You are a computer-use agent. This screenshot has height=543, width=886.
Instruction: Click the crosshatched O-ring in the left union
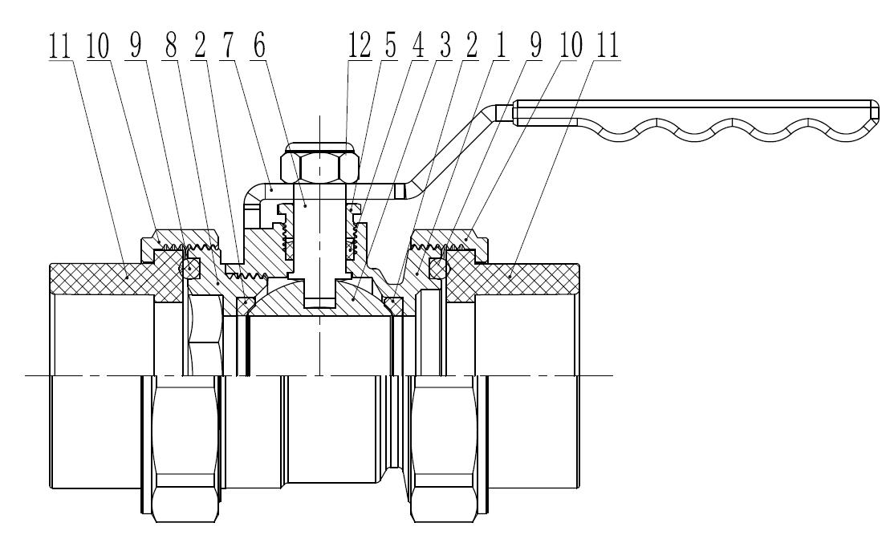[192, 267]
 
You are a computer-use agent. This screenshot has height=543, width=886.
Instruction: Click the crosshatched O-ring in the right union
[438, 267]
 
